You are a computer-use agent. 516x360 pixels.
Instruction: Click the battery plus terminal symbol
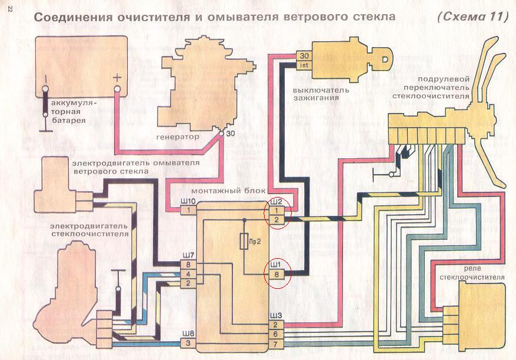[x=118, y=76]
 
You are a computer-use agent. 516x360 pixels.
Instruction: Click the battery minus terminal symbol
[x=45, y=77]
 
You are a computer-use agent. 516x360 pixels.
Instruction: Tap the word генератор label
[x=177, y=136]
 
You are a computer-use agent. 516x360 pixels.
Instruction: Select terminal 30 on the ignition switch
[x=304, y=56]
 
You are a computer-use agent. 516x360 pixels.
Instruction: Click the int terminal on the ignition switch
[x=304, y=65]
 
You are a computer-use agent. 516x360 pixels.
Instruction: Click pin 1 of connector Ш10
[x=188, y=210]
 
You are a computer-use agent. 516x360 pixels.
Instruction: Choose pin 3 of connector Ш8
[x=188, y=343]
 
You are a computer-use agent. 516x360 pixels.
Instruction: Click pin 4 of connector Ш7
[x=188, y=274]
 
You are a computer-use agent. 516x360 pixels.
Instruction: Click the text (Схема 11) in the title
[x=472, y=17]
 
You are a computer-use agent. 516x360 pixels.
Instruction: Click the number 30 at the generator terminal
[x=229, y=134]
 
